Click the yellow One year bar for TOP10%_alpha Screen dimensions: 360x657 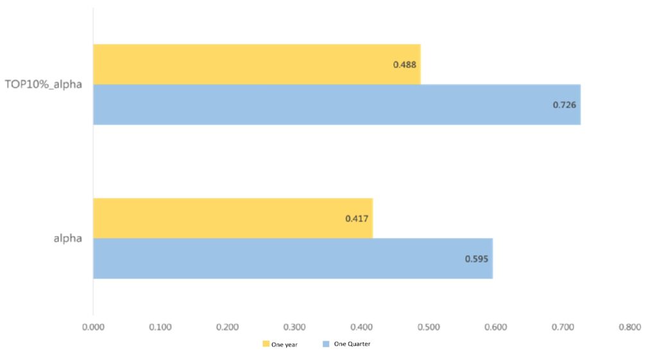tap(257, 64)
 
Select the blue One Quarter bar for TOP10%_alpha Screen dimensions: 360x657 tap(337, 105)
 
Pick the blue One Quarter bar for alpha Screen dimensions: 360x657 tap(293, 259)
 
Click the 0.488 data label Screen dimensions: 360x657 tap(405, 65)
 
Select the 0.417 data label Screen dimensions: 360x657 tap(357, 219)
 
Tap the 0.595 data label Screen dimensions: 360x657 tap(477, 259)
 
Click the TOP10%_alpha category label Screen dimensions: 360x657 tap(44, 84)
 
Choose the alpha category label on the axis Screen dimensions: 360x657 tap(67, 239)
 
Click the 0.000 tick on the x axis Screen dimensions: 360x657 tap(93, 327)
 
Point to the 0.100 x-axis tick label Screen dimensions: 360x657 tap(160, 327)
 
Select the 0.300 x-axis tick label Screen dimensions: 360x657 tap(294, 327)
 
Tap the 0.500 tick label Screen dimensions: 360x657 tap(429, 327)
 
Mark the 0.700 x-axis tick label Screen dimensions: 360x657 tap(563, 327)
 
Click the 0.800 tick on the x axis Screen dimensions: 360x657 tap(629, 327)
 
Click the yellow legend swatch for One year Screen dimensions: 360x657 tap(266, 345)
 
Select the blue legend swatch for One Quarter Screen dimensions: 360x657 tap(326, 345)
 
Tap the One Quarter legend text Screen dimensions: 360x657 tap(352, 345)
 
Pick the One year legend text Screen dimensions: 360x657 tap(284, 345)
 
